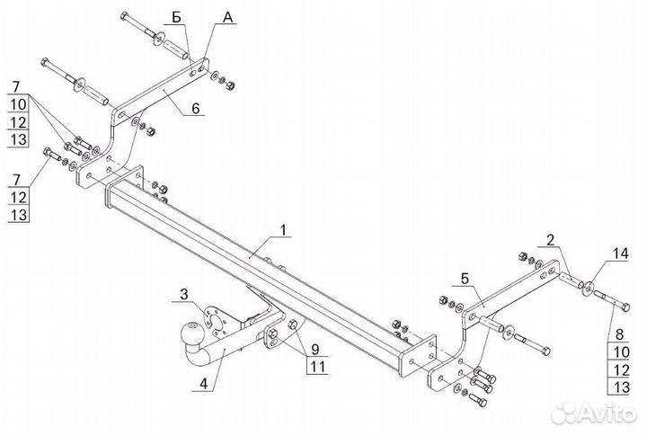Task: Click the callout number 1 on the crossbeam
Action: [283, 230]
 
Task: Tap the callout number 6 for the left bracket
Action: [196, 109]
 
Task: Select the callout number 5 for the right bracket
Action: [465, 279]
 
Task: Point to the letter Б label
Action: [177, 19]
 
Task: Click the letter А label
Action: [227, 17]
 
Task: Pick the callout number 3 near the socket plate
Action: [183, 294]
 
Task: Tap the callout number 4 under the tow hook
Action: [203, 384]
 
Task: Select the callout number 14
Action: [620, 254]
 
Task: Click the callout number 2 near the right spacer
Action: [551, 240]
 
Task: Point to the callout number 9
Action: [315, 350]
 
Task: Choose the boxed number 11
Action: [318, 367]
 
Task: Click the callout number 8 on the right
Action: [620, 334]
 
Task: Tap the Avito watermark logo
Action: [593, 414]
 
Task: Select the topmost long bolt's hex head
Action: [124, 16]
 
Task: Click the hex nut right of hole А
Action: [231, 85]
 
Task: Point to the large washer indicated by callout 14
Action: [588, 288]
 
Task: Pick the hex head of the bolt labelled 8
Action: [625, 307]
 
